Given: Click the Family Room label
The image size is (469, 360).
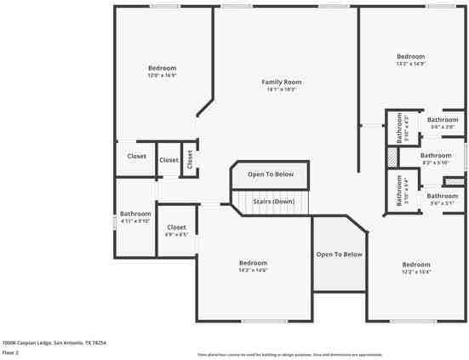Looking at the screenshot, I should click(x=282, y=82).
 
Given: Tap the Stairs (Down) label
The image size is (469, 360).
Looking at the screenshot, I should click(x=272, y=202).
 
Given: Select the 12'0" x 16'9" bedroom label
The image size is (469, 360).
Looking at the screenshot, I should click(x=162, y=68).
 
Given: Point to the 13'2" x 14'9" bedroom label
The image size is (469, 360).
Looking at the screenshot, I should click(x=409, y=57).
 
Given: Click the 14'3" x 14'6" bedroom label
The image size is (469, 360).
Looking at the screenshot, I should click(x=253, y=263).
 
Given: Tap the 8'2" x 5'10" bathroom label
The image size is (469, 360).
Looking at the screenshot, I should click(x=435, y=156).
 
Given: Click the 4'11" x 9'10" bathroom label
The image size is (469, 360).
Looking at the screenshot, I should click(x=135, y=214).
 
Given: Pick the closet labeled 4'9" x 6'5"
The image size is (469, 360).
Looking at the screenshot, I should click(x=176, y=228).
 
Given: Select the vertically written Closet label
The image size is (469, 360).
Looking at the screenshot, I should click(x=190, y=158).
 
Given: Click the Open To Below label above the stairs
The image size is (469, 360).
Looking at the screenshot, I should click(x=271, y=174).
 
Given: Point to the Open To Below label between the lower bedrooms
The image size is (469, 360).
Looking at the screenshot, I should click(x=339, y=254).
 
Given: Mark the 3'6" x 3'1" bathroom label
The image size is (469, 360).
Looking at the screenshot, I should click(x=443, y=197).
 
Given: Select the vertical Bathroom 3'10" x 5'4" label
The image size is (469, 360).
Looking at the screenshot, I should click(x=398, y=191).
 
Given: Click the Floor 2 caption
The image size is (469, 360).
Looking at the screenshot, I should click(x=11, y=351).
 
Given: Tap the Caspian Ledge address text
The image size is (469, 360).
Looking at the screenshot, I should click(x=54, y=342).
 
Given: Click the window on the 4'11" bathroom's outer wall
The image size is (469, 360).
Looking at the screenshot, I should click(x=115, y=221).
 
